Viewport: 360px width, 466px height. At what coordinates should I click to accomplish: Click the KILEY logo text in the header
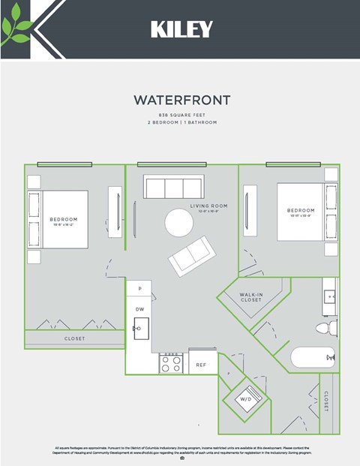pyautogui.click(x=181, y=29)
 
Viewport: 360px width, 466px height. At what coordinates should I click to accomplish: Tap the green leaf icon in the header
pyautogui.click(x=16, y=29)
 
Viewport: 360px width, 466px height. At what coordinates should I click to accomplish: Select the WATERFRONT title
pyautogui.click(x=181, y=100)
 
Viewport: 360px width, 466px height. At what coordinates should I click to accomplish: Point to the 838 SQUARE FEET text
pyautogui.click(x=181, y=115)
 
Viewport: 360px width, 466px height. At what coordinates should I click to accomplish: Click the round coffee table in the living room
pyautogui.click(x=179, y=222)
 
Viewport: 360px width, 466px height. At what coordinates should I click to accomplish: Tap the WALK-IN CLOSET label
pyautogui.click(x=250, y=297)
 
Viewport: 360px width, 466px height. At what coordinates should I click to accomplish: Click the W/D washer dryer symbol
pyautogui.click(x=246, y=399)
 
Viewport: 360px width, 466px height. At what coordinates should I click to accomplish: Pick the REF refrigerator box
pyautogui.click(x=202, y=365)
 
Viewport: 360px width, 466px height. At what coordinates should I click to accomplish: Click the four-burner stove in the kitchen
pyautogui.click(x=172, y=364)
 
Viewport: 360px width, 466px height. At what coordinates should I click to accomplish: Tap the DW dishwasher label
pyautogui.click(x=139, y=309)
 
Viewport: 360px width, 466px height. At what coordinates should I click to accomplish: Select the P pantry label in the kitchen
pyautogui.click(x=139, y=288)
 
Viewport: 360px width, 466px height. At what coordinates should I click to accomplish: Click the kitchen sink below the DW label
pyautogui.click(x=141, y=328)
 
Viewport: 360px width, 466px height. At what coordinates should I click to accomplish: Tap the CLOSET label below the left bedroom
pyautogui.click(x=74, y=338)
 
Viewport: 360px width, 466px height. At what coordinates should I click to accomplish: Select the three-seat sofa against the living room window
pyautogui.click(x=174, y=187)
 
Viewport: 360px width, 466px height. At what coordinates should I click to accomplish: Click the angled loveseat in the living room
pyautogui.click(x=192, y=256)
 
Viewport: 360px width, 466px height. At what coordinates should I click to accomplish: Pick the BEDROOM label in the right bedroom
pyautogui.click(x=301, y=211)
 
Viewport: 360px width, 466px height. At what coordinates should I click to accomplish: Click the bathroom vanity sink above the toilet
pyautogui.click(x=329, y=296)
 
